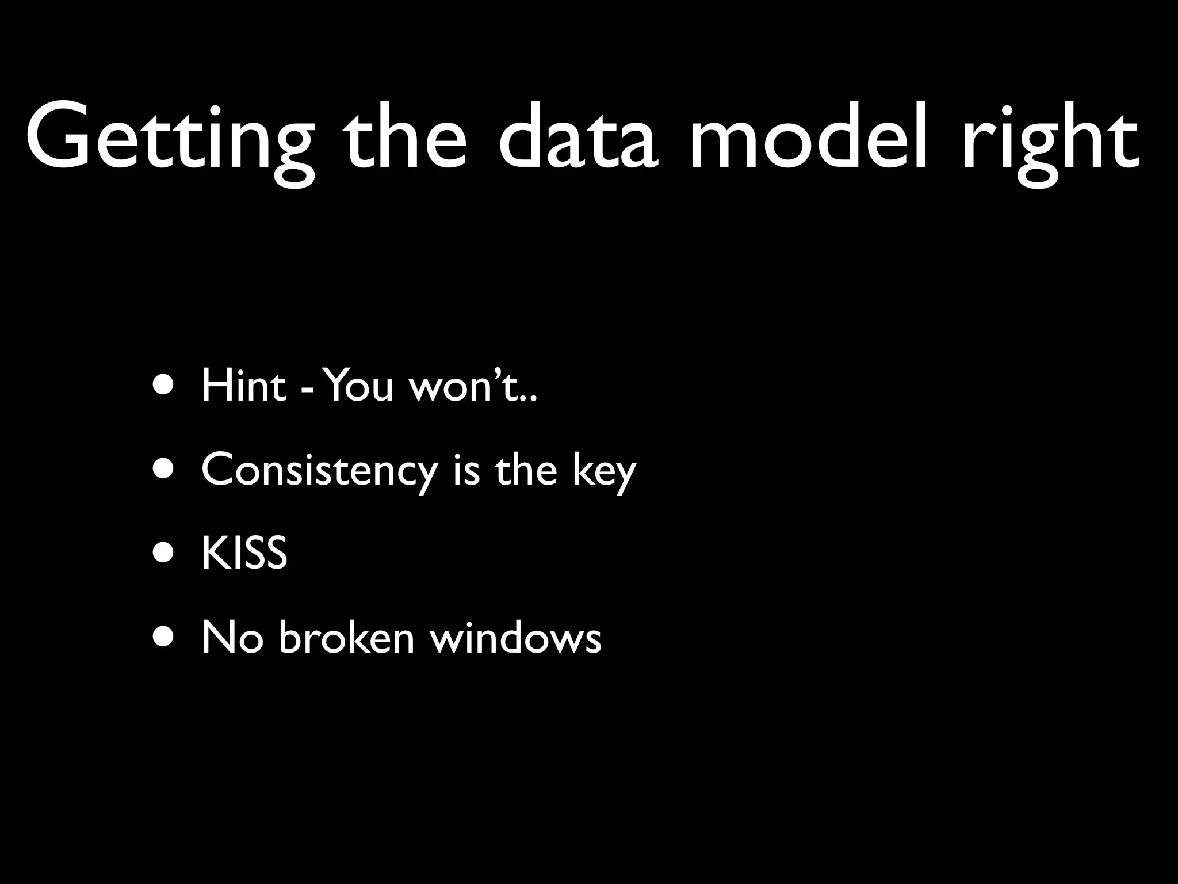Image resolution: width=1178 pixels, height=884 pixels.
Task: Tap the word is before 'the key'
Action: [466, 470]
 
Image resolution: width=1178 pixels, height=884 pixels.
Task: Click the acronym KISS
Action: [244, 553]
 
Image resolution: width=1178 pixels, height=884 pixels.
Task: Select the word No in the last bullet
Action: [232, 638]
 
